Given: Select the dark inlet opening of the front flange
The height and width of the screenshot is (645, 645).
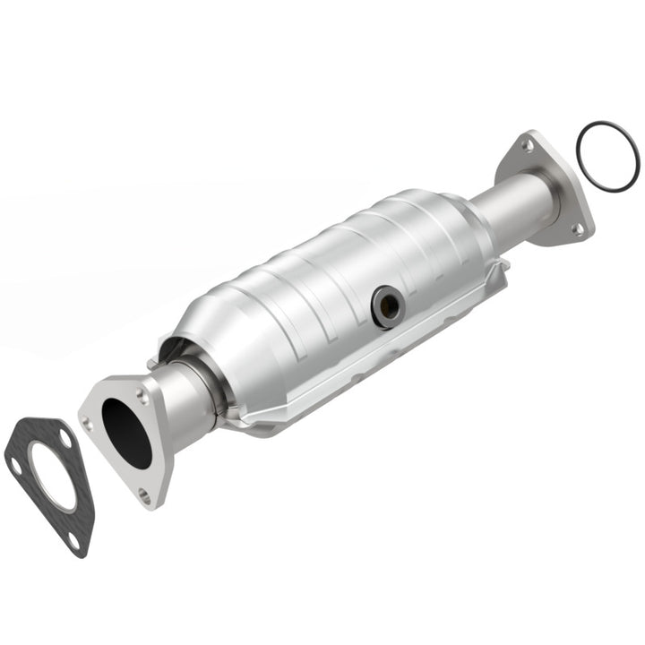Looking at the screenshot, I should (126, 432).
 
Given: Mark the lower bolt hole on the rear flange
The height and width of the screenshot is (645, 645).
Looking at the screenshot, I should (577, 228).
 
